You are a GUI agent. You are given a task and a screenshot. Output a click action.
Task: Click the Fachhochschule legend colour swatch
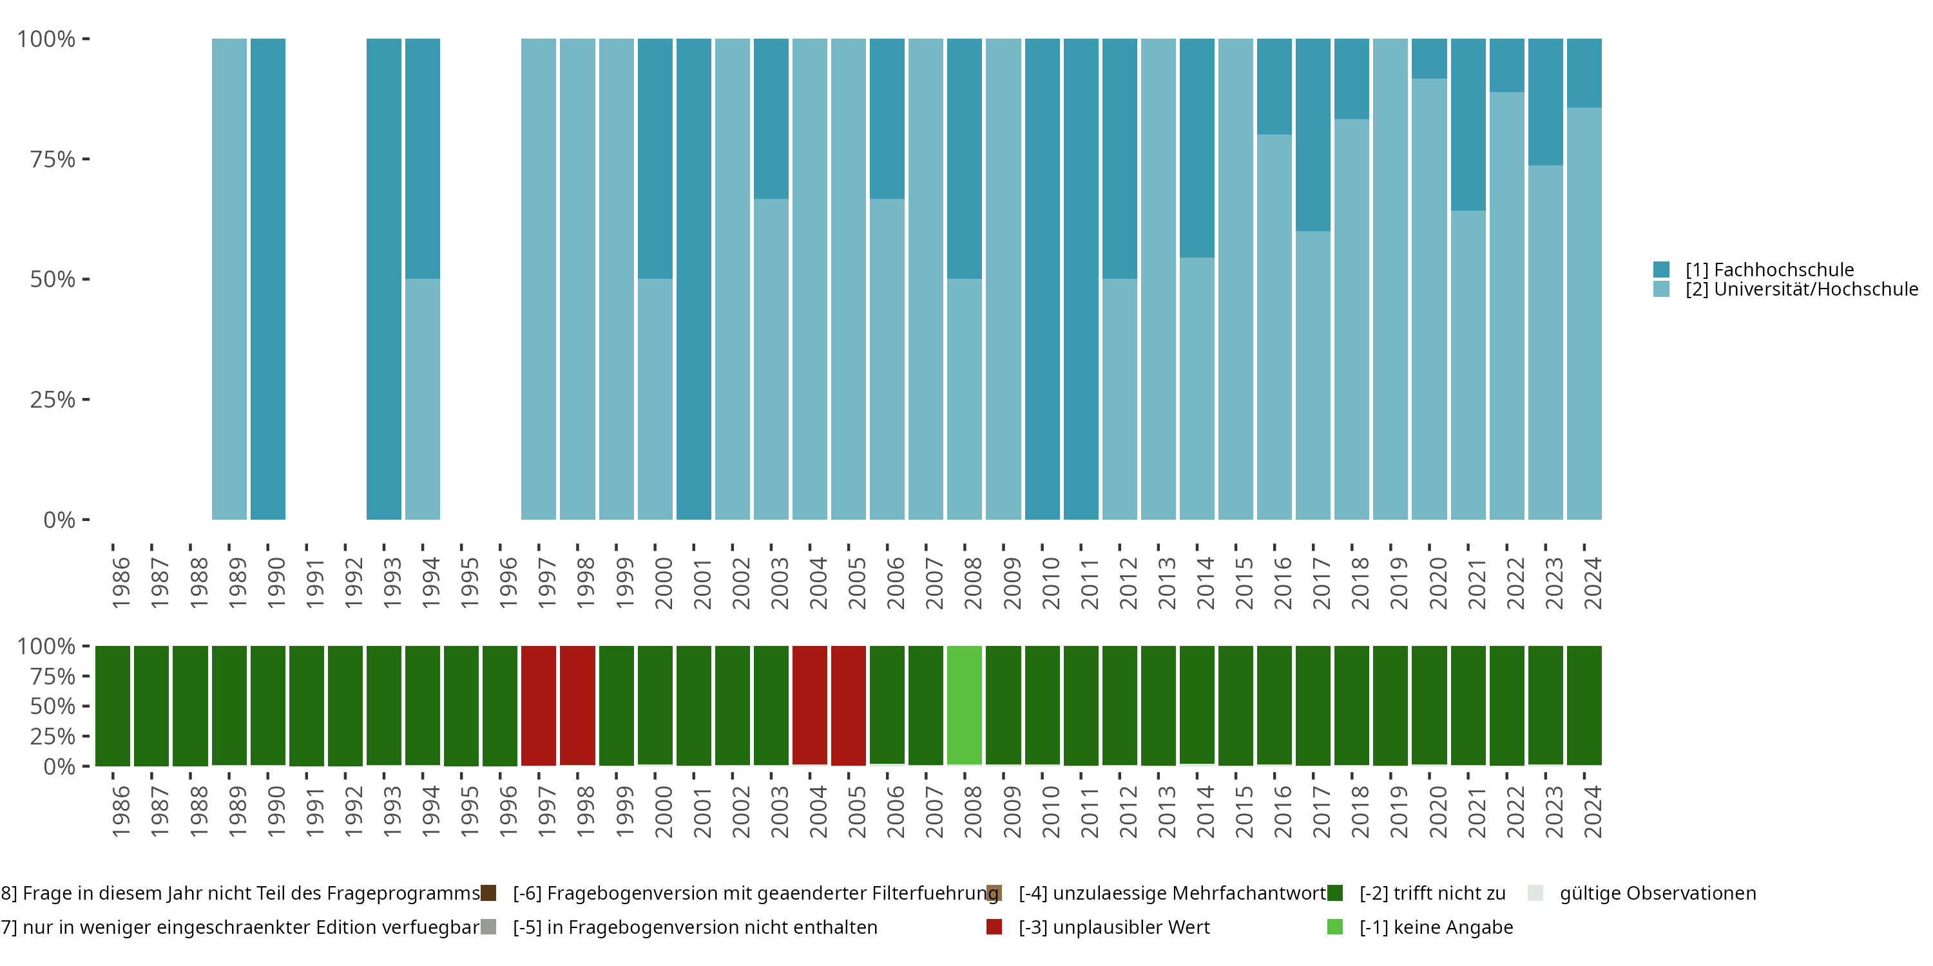tap(1661, 269)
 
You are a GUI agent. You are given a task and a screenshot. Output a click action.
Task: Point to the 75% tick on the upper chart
tap(53, 159)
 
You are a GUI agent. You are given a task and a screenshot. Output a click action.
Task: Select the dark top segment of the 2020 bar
tap(1428, 59)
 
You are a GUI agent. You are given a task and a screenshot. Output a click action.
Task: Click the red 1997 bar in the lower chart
tap(538, 705)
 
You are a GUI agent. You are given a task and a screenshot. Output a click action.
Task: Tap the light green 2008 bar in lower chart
tap(965, 705)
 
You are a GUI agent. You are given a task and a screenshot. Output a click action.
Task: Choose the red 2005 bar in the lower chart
tap(848, 705)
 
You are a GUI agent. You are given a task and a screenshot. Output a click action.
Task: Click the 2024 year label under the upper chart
tap(1592, 583)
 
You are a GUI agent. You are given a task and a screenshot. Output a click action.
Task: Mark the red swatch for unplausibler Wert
tap(994, 927)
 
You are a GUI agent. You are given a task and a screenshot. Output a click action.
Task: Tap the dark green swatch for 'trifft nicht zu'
tap(1335, 893)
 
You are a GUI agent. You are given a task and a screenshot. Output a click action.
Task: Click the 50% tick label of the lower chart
tap(53, 706)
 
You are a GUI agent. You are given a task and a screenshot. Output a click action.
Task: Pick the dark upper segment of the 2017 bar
tap(1313, 135)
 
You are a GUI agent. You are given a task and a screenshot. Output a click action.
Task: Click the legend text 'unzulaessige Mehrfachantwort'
tap(1172, 893)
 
